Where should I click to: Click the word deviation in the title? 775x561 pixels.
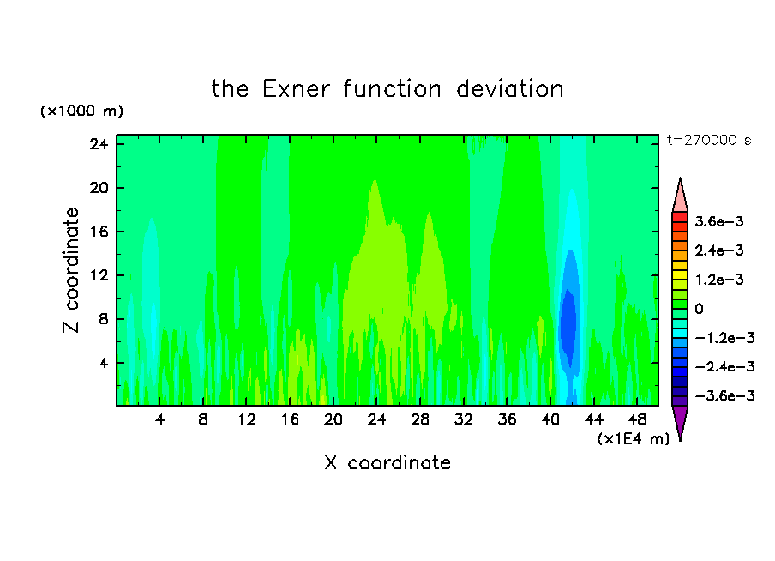point(509,89)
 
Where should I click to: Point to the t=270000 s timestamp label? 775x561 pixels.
point(709,141)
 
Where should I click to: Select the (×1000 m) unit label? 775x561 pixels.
point(81,111)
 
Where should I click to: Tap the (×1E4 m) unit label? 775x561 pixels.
point(634,438)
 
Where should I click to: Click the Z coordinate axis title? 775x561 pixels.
point(71,270)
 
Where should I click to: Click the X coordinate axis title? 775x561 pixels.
point(387,462)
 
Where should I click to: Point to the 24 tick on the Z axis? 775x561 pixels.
point(99,144)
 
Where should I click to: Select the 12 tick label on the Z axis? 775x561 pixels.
point(99,275)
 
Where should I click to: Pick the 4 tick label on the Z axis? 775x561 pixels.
point(103,363)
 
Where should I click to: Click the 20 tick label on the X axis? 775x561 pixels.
point(333,419)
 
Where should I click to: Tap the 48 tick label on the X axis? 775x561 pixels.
point(637,419)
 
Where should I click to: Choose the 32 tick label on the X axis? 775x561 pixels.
point(463,419)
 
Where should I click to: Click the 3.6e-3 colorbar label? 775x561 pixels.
point(719,221)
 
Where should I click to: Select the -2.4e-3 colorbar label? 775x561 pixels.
point(725,366)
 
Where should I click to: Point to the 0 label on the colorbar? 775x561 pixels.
point(699,309)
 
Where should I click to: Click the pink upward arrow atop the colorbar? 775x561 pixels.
point(680,195)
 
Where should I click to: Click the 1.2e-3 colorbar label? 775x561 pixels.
point(719,280)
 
